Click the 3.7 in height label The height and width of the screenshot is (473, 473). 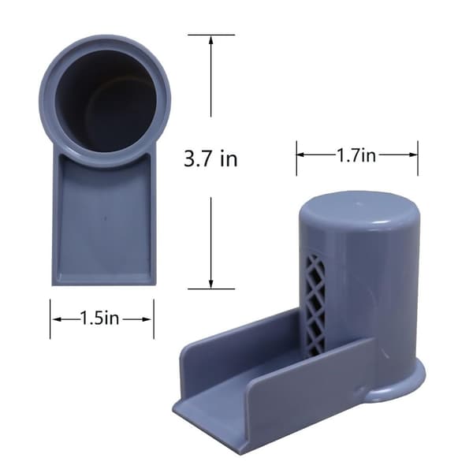click(x=210, y=158)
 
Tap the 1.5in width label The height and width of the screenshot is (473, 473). click(x=100, y=318)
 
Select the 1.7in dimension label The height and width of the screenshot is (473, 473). click(x=356, y=155)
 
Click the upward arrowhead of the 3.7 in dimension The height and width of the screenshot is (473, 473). click(x=210, y=40)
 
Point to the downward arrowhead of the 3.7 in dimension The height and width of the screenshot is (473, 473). click(x=210, y=284)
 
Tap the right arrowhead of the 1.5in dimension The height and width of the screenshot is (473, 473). click(x=147, y=319)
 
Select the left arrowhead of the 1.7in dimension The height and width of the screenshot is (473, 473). click(x=302, y=155)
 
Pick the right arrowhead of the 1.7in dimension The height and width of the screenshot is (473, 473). click(x=412, y=155)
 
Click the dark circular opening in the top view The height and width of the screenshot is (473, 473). click(x=106, y=97)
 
